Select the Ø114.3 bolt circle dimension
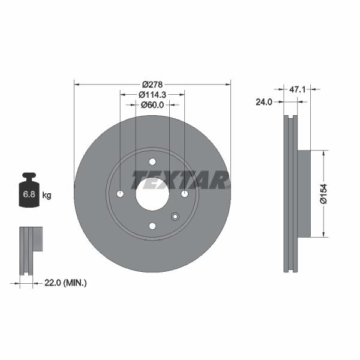click(x=152, y=94)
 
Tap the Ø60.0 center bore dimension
click(x=152, y=105)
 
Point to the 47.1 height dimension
click(x=298, y=89)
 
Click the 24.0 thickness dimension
click(x=264, y=102)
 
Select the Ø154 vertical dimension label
click(x=323, y=193)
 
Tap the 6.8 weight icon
click(x=29, y=191)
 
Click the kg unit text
click(x=47, y=195)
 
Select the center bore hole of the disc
click(x=152, y=193)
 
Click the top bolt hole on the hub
click(x=152, y=161)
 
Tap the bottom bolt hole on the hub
click(x=152, y=226)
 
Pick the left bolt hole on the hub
click(x=120, y=194)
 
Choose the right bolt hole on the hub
click(x=184, y=194)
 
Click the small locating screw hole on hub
click(x=175, y=217)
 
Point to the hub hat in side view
click(x=304, y=193)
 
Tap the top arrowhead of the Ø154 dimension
click(x=325, y=153)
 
